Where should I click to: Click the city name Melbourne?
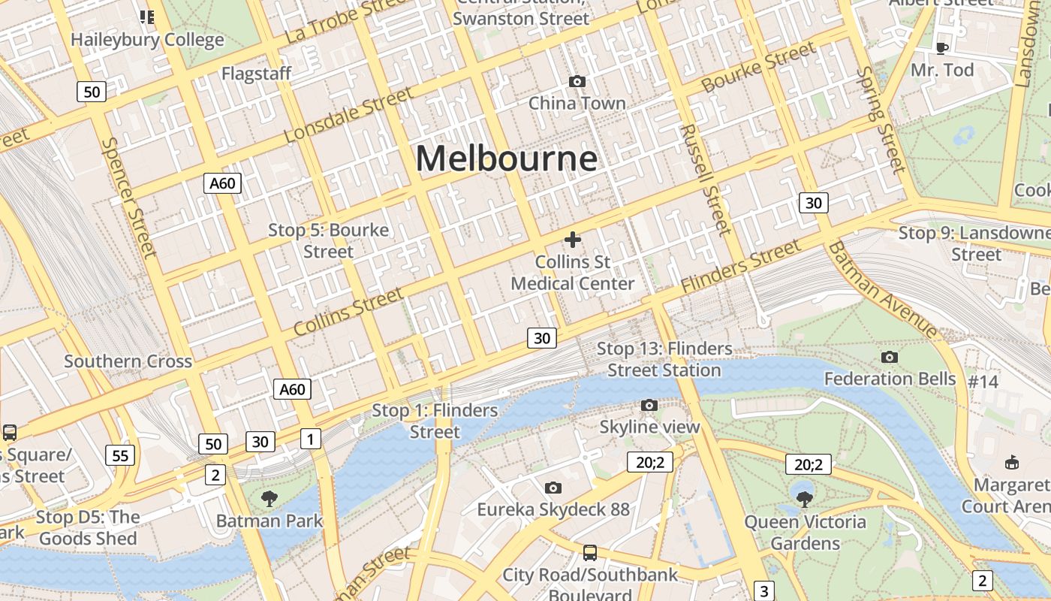(x=507, y=159)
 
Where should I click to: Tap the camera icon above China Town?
(x=577, y=81)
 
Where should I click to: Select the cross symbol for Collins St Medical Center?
(x=573, y=240)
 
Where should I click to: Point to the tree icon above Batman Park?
(x=269, y=497)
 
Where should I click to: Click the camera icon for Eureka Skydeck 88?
(x=553, y=488)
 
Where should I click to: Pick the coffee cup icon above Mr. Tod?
(x=942, y=48)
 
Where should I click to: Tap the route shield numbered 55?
(x=121, y=455)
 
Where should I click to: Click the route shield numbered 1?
(x=310, y=439)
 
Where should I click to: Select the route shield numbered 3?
(x=763, y=590)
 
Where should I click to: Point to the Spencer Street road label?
(x=129, y=197)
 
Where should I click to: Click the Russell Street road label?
(x=705, y=180)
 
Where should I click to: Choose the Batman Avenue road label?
(x=883, y=289)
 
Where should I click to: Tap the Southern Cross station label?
(x=128, y=361)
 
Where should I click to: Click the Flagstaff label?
(x=256, y=74)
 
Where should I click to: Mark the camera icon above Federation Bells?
(x=890, y=357)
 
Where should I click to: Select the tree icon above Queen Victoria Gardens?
(x=804, y=497)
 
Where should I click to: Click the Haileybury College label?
(x=147, y=40)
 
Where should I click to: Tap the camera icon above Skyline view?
(x=649, y=406)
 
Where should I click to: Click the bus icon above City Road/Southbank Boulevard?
(x=590, y=553)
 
